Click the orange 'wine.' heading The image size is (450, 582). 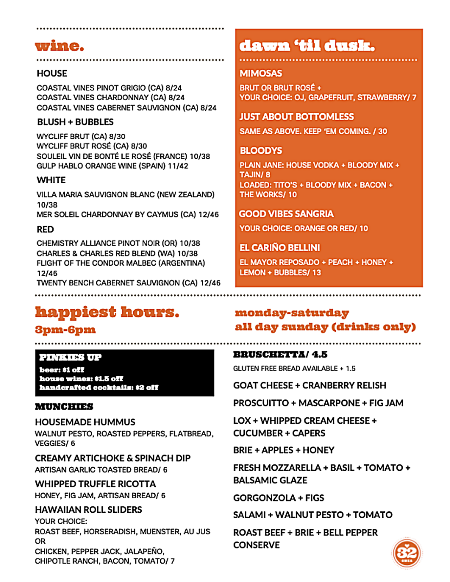pos(59,46)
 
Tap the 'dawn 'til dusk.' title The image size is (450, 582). pos(307,46)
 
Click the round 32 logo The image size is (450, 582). pos(406,553)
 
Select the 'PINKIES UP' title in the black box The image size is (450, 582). pos(70,358)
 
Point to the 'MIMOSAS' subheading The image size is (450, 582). pos(261,73)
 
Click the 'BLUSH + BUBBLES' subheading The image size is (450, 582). pos(75,122)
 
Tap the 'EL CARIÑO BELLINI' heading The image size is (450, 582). pos(280,248)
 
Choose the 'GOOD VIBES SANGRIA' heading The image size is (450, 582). pos(286,214)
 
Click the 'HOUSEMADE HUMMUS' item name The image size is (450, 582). pos(85,422)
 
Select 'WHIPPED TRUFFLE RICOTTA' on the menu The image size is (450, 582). pos(95,484)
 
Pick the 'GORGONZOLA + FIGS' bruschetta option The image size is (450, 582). pos(278,498)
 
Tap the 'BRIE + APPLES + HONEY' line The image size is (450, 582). pos(284,450)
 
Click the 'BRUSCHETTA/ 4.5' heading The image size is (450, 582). pos(280,354)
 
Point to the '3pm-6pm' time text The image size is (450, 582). pos(65,330)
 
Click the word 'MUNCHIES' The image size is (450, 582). pos(64,407)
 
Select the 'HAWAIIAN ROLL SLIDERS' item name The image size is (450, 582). pos(89,510)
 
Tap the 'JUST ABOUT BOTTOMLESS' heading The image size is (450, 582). pos(297,117)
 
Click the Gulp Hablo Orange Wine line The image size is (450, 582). pos(112,166)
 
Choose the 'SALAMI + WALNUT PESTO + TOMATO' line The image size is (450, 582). pos(313,515)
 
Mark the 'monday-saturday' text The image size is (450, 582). pos(292,313)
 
